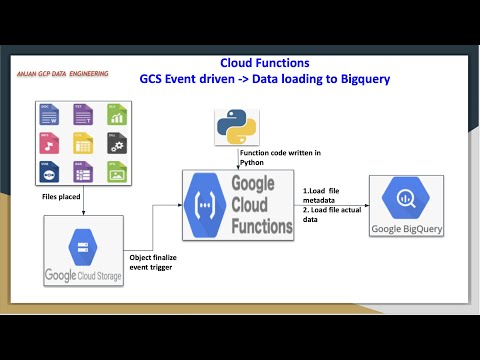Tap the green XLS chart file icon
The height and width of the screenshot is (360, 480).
(x=117, y=113)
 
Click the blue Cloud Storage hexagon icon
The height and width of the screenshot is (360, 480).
(x=81, y=243)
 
